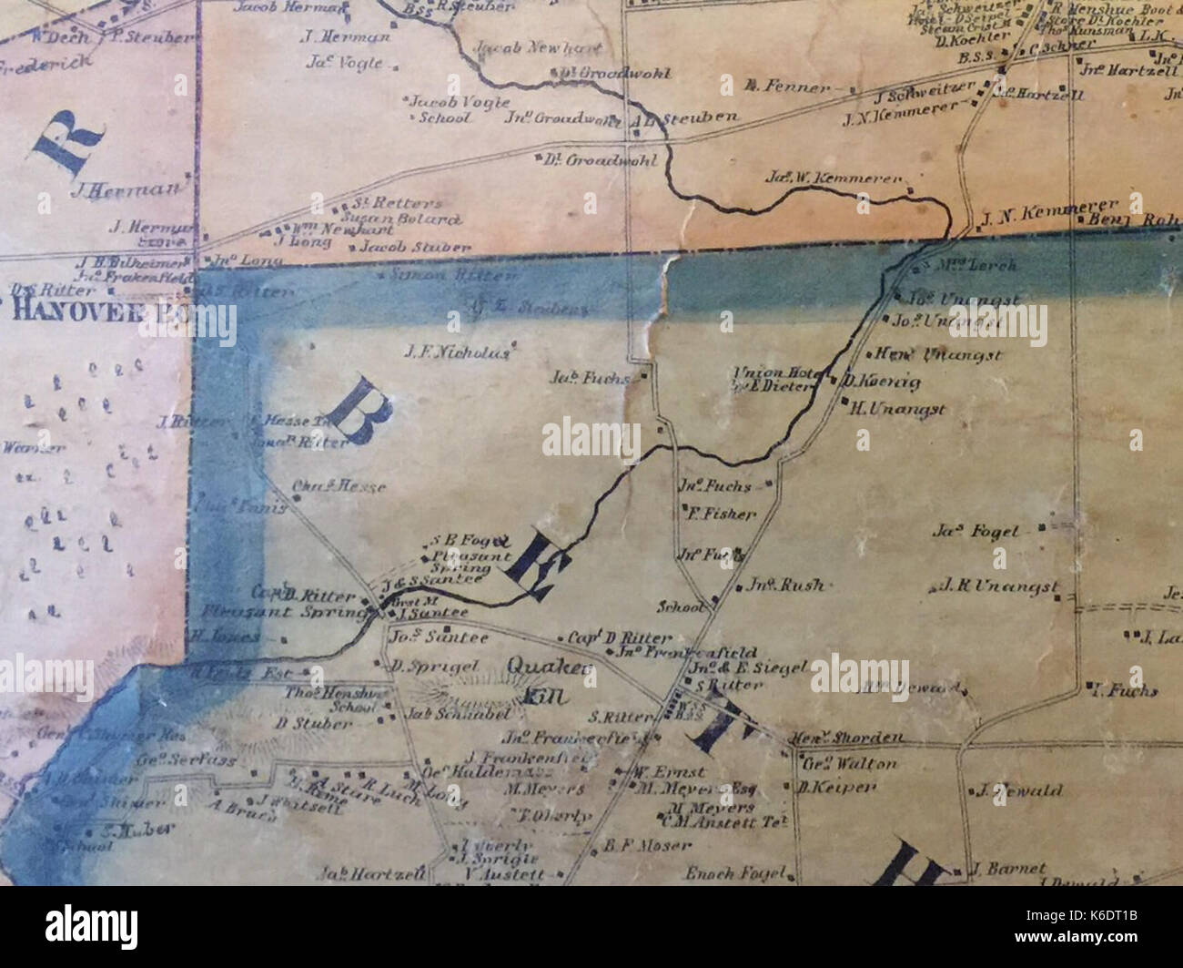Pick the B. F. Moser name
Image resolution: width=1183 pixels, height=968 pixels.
point(634,846)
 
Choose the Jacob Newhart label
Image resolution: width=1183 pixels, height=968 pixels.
point(511,47)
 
